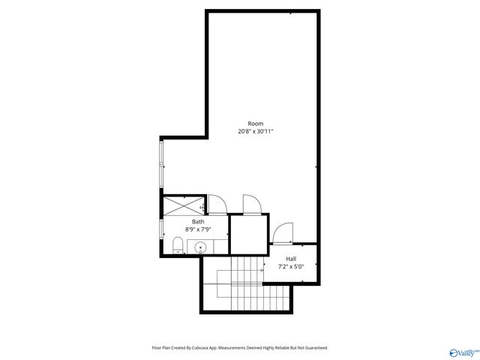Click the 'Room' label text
[x=256, y=124]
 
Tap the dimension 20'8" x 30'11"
[x=256, y=131]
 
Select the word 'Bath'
[x=198, y=221]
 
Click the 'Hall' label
[x=291, y=259]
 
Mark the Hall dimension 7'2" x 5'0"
[x=291, y=266]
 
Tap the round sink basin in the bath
[x=200, y=248]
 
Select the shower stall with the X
[x=183, y=205]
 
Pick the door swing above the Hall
[x=283, y=233]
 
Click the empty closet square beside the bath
[x=247, y=234]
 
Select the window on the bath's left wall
[x=160, y=229]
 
